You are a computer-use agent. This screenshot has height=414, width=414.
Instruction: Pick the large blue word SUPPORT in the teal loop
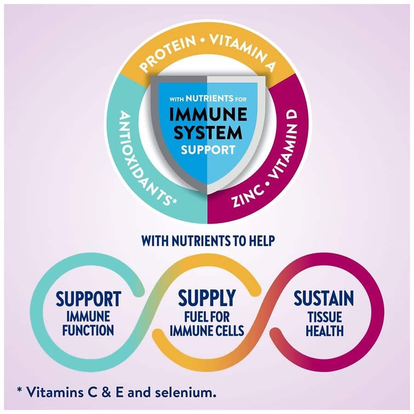[x=88, y=299]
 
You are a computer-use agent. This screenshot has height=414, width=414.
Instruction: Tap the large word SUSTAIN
[x=324, y=299]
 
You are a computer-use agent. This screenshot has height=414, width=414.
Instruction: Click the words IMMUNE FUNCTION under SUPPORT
[x=88, y=323]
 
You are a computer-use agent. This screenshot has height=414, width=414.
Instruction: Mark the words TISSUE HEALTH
[x=324, y=323]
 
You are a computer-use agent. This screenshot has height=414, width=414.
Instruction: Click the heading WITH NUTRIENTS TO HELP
[x=207, y=240]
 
